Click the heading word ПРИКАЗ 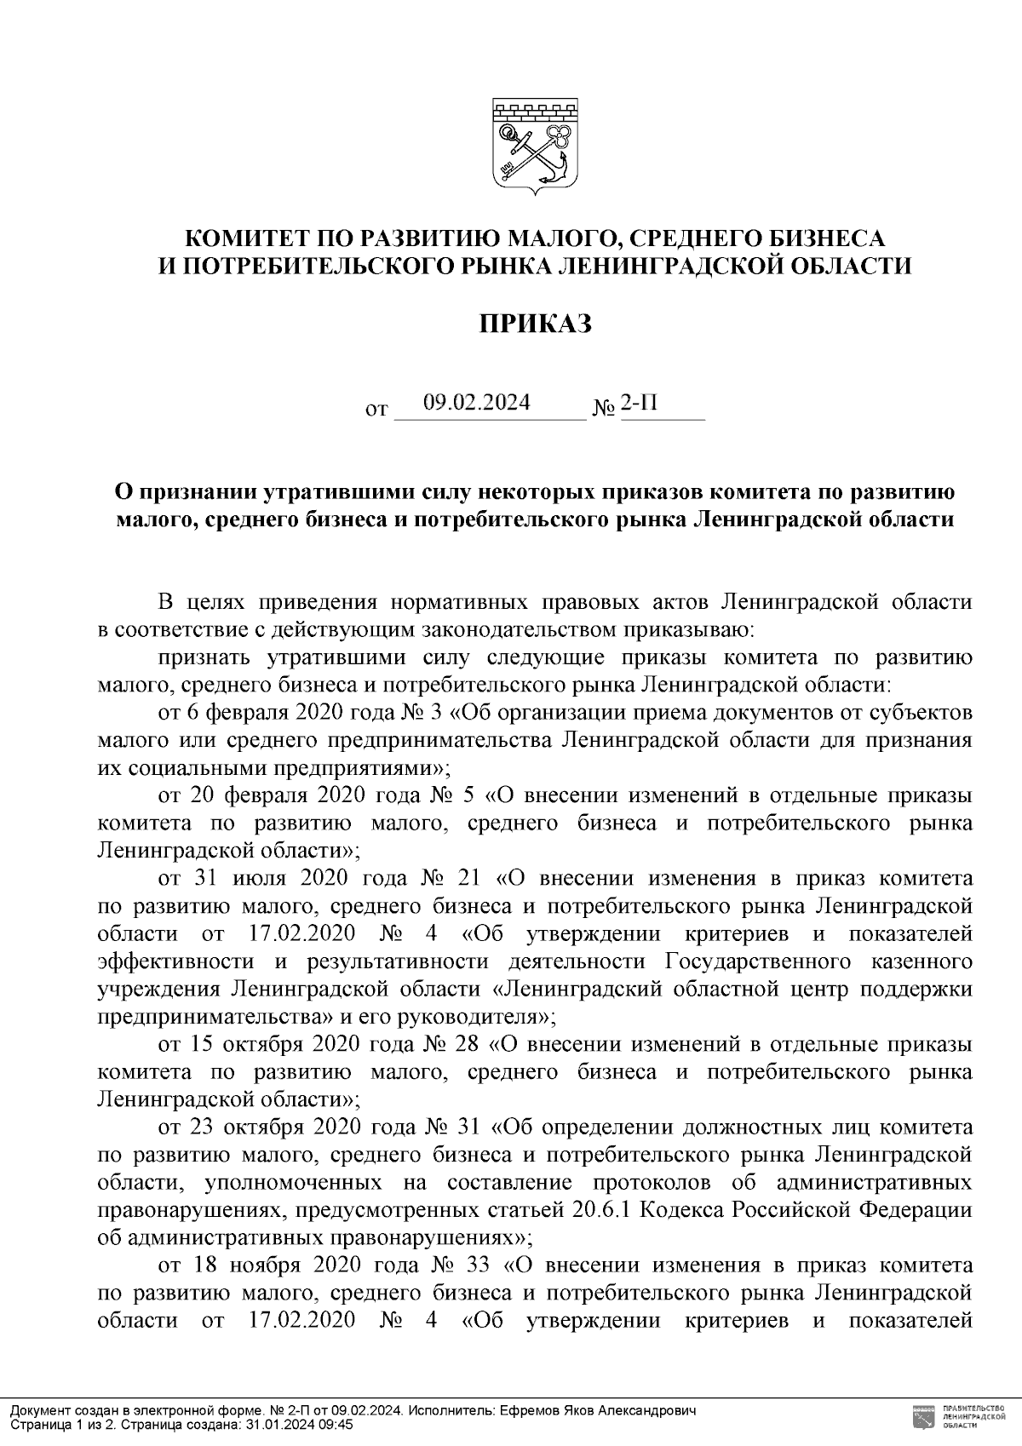point(535,324)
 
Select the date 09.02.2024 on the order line point(477,403)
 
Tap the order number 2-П point(640,402)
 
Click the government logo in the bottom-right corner point(957,1417)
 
